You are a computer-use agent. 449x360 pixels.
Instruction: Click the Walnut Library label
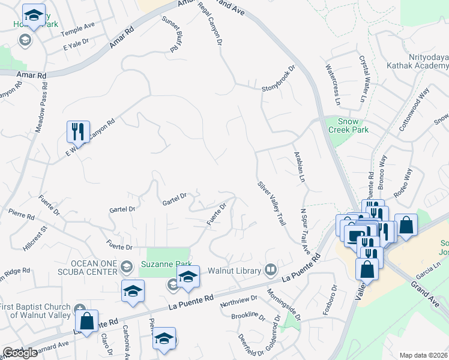coord(235,269)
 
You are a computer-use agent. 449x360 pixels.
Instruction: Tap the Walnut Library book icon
coord(271,269)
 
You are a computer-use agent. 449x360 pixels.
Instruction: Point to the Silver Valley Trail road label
coord(271,203)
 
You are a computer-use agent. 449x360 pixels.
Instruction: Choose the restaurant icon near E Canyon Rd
coord(78,131)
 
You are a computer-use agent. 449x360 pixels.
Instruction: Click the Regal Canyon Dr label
coord(214,26)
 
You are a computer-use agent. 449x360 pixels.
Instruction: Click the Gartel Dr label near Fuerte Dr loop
coord(175,199)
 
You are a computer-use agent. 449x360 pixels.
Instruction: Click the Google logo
coord(20,353)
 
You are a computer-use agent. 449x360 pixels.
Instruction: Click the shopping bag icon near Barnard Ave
coord(87,320)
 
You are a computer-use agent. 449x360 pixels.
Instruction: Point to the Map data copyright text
coord(424,355)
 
